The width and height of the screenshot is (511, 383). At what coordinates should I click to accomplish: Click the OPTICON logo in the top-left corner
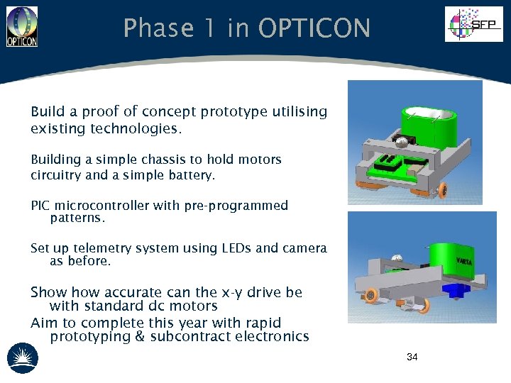click(x=21, y=26)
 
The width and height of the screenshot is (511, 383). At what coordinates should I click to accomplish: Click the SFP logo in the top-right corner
click(x=473, y=24)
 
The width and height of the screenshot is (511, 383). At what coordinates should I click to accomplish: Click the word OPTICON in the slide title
click(x=314, y=29)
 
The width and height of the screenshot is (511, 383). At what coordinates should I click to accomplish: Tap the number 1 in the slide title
click(x=211, y=29)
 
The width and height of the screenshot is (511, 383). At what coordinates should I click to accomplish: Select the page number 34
click(x=412, y=357)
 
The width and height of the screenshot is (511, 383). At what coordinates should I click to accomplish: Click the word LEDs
click(x=235, y=248)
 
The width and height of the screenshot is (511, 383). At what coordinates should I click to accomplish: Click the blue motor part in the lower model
click(x=454, y=289)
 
